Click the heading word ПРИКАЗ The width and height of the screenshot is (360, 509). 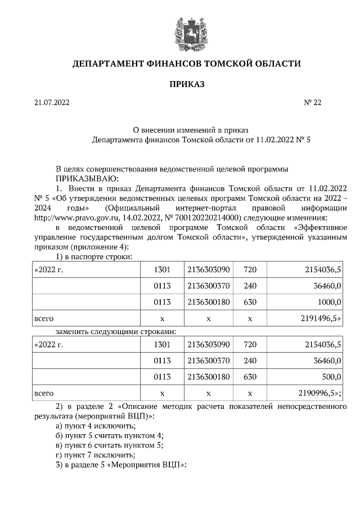click(x=186, y=84)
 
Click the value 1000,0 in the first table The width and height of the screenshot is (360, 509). click(x=328, y=301)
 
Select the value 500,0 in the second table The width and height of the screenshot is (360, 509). click(x=330, y=376)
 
